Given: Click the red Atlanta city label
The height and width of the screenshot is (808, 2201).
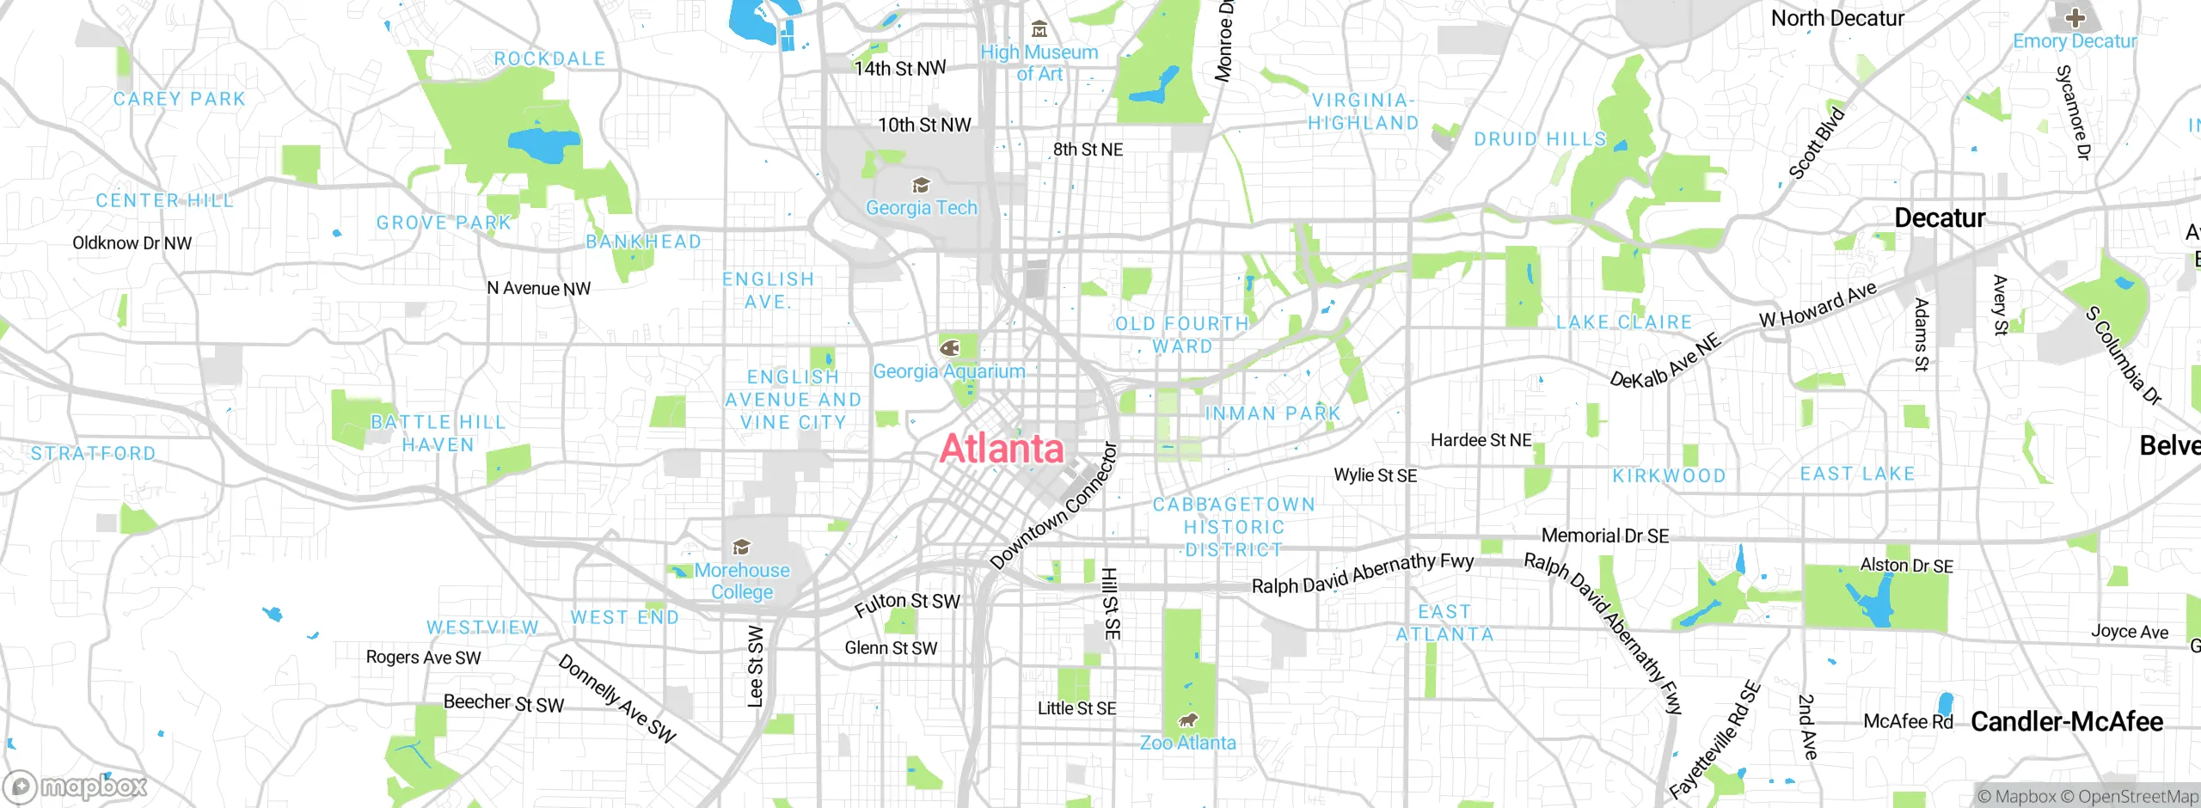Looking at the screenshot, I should pos(1002,449).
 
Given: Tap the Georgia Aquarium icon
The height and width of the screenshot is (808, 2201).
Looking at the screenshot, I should pos(950,348).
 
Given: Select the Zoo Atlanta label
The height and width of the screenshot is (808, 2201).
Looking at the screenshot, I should pos(1187,743).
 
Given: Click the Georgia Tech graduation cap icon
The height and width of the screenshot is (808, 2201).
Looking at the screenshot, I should pos(921,186).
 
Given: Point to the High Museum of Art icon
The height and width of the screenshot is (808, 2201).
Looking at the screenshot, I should pos(1039,30).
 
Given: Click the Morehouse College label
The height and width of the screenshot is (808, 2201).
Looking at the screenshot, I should pos(742,581).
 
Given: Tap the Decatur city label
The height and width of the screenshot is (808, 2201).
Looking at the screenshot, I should pos(1940,218).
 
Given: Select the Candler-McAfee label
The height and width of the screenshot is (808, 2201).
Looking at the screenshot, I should pos(2066,722).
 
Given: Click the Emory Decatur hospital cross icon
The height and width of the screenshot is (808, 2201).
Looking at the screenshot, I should pos(2075,18).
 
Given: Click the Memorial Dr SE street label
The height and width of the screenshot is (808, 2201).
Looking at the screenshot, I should pos(1604,536).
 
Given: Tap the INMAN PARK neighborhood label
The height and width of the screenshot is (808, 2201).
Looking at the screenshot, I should pos(1272,413).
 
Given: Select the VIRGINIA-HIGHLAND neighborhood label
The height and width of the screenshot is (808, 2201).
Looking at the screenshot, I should pos(1363,112).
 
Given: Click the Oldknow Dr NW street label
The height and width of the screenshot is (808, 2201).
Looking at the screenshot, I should pos(132,243).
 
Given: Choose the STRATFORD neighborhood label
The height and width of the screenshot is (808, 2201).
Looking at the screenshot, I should pos(93,454).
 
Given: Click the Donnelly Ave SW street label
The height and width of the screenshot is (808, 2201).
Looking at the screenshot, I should pos(616,699).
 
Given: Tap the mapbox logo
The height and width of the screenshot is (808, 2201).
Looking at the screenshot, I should pos(76,787).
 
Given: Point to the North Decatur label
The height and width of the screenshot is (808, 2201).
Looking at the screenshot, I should pos(1837,19).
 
